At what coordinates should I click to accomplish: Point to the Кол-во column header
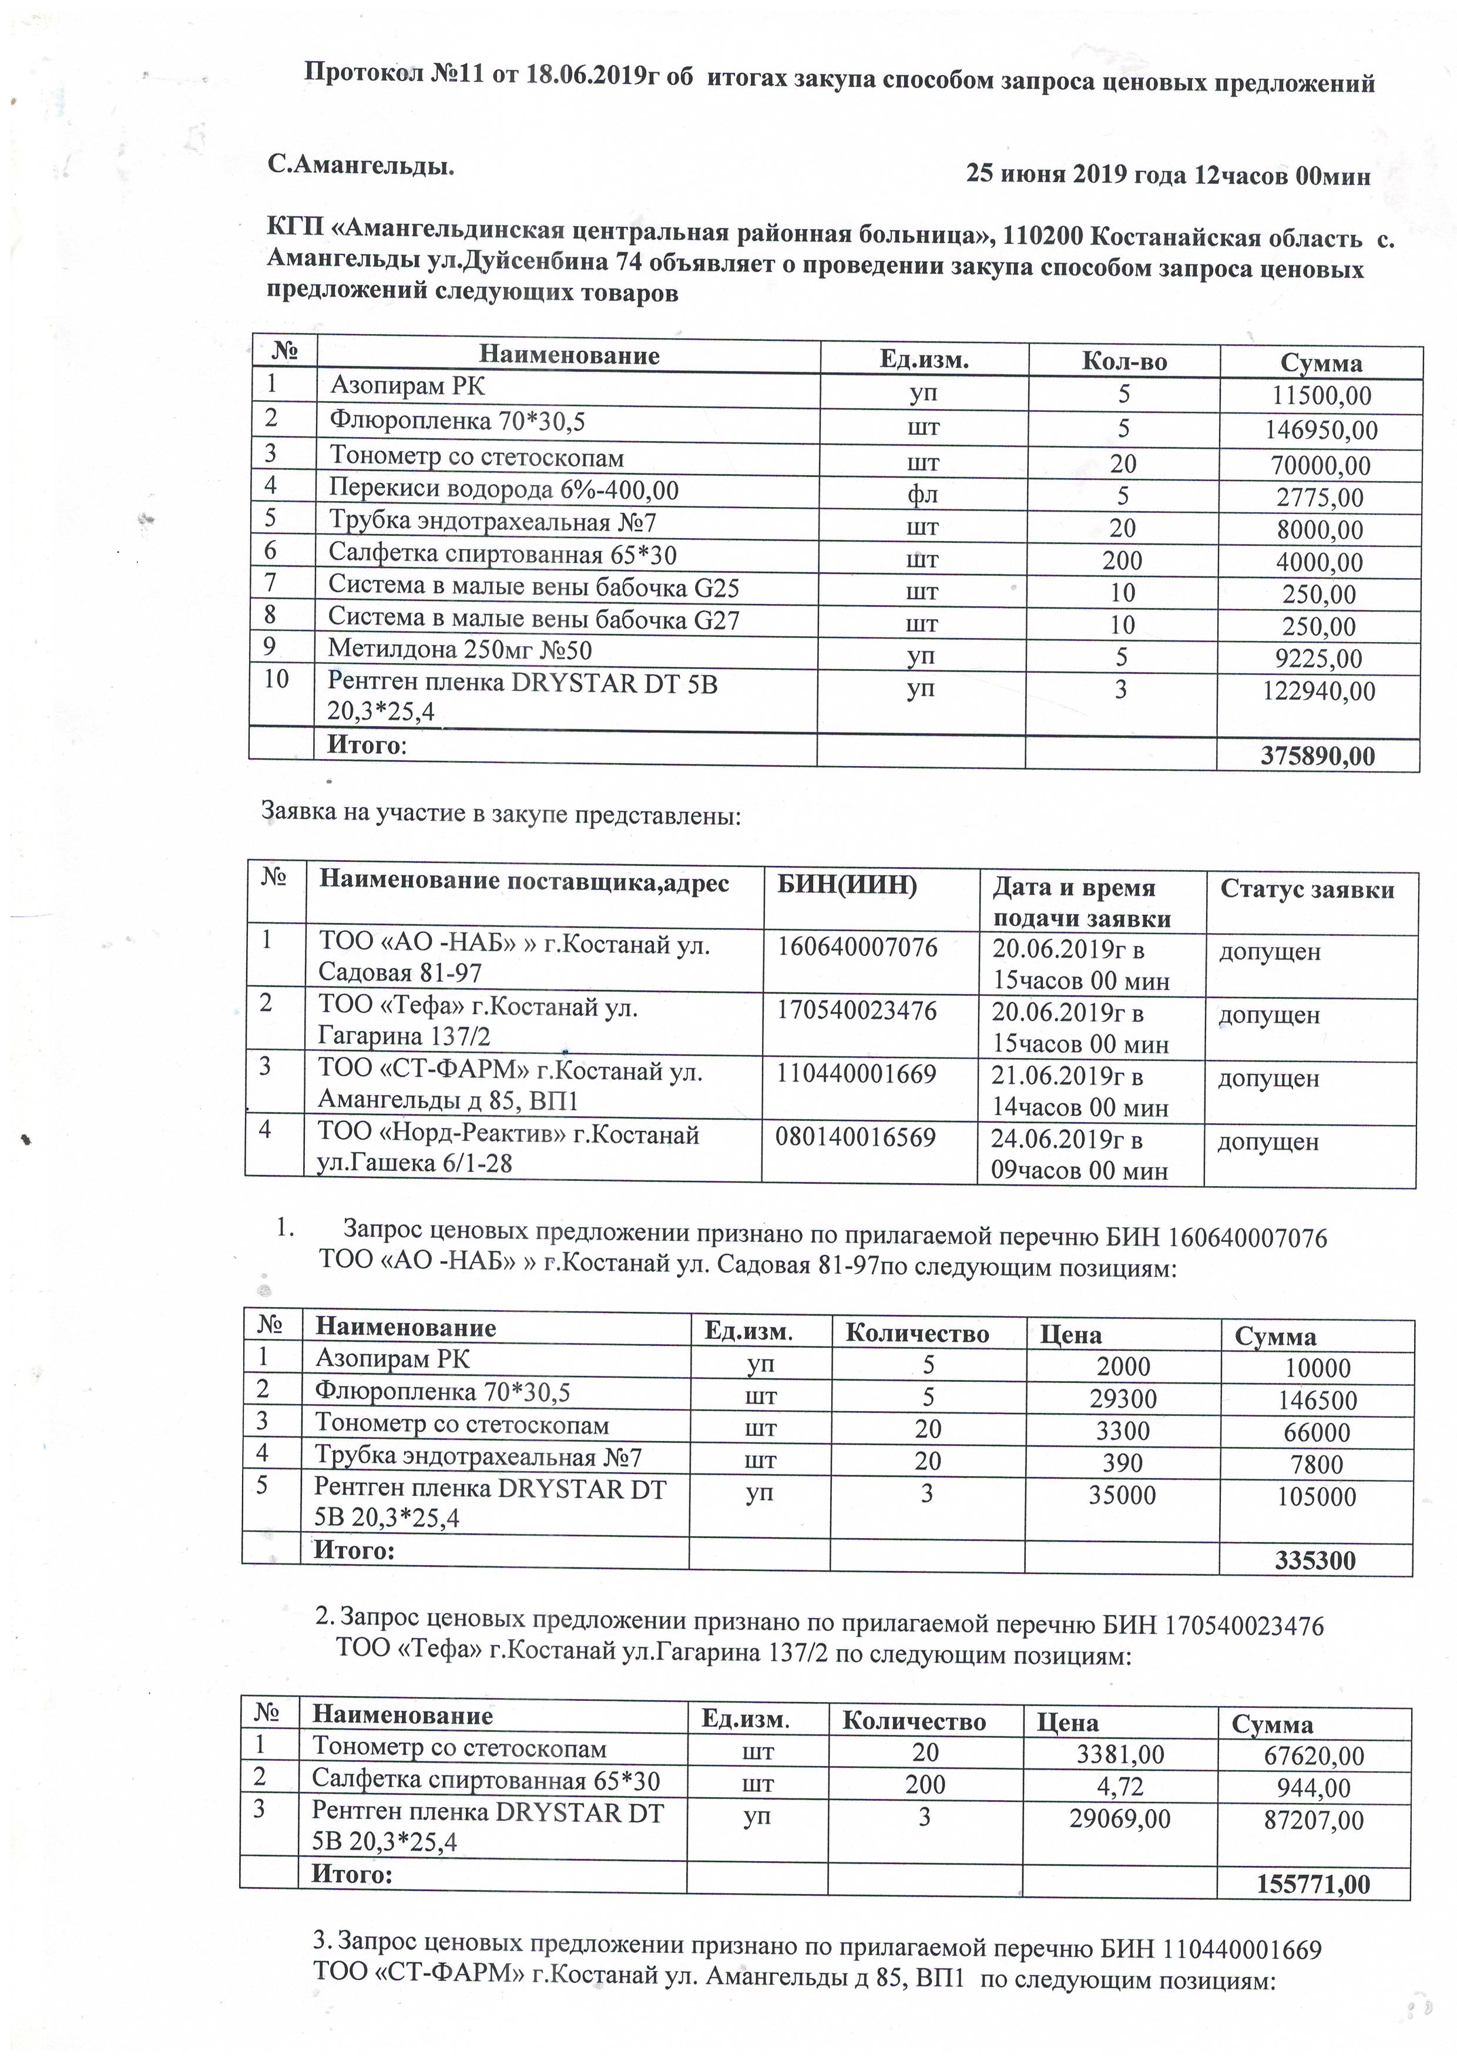pos(1124,362)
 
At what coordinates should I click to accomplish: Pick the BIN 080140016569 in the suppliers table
pos(857,1137)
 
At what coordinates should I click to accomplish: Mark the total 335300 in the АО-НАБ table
pos(1315,1560)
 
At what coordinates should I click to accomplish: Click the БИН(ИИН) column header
pos(847,886)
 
